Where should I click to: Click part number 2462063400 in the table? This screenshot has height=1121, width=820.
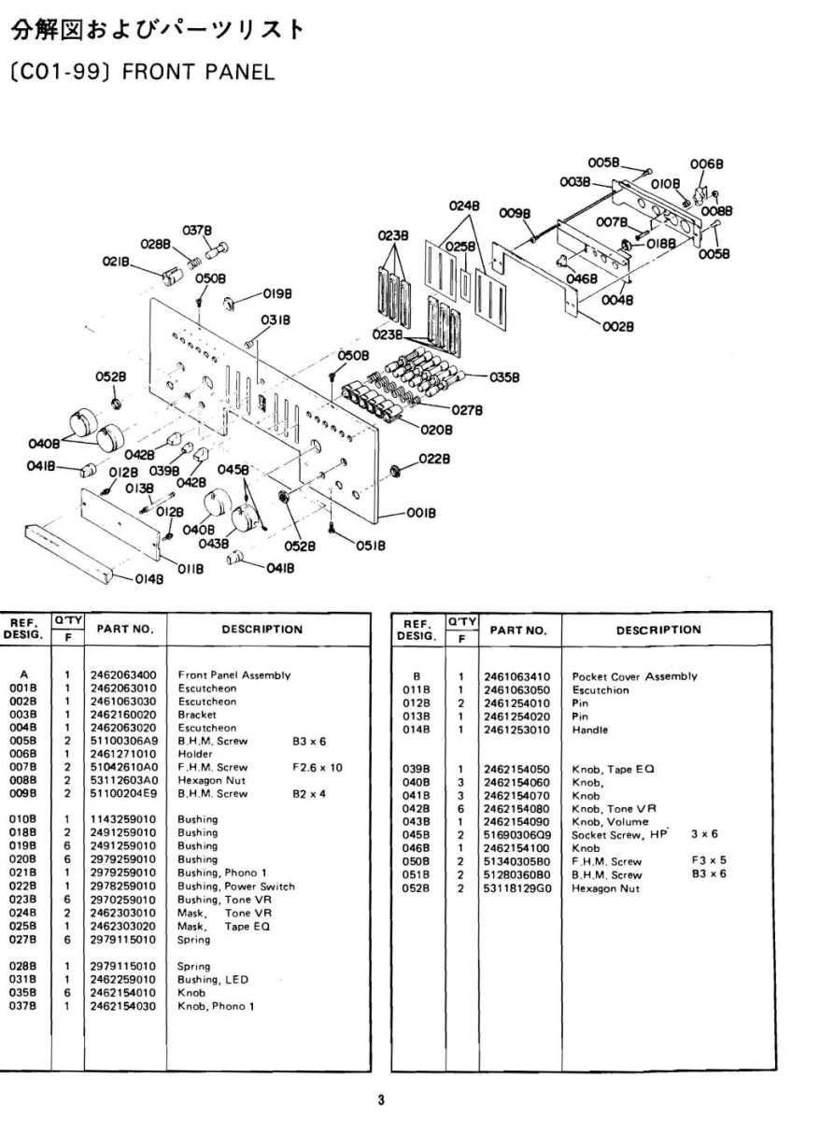122,674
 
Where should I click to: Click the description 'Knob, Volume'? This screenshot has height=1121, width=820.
610,821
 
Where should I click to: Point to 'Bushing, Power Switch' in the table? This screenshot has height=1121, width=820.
236,887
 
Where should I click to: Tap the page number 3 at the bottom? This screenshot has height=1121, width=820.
380,1100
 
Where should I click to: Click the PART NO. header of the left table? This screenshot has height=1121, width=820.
122,630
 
